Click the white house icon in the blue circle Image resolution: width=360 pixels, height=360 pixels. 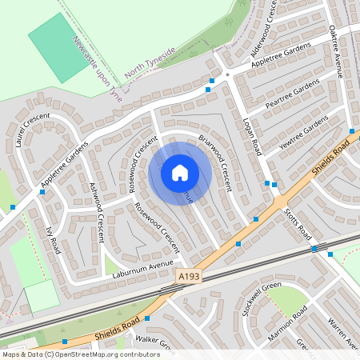180,172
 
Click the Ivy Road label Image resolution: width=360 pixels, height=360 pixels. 53,240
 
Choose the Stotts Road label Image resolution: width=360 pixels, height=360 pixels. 298,223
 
